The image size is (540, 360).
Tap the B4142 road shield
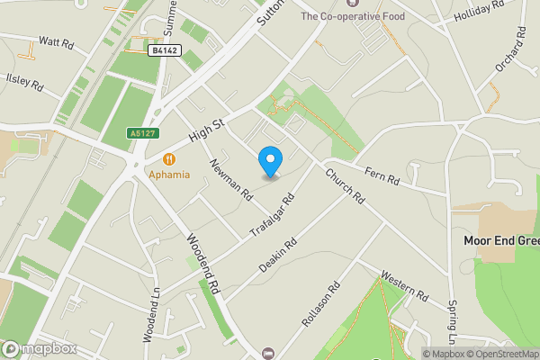click(x=162, y=51)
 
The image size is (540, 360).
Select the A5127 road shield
click(x=137, y=133)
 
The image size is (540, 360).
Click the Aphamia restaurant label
click(x=169, y=174)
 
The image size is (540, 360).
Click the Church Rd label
click(x=343, y=184)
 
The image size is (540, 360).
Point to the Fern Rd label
click(x=382, y=175)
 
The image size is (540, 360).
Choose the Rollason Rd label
click(x=321, y=304)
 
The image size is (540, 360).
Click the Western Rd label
click(x=403, y=286)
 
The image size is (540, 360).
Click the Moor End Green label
click(x=501, y=240)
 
